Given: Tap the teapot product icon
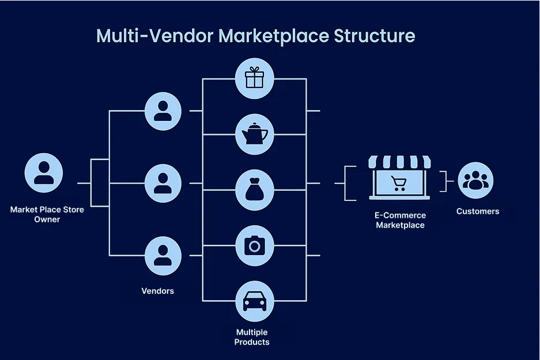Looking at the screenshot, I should (x=254, y=134).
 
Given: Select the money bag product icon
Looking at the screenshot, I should (x=254, y=190).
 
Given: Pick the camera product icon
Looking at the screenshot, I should (x=254, y=246).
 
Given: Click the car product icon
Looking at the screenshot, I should (x=254, y=301).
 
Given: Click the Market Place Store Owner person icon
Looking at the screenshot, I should (x=44, y=172).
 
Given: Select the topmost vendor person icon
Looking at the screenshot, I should (x=163, y=111).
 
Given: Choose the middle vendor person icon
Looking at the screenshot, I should (x=163, y=183).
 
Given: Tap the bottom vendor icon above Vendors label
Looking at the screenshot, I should (x=163, y=255).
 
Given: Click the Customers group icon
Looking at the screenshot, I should (x=475, y=180).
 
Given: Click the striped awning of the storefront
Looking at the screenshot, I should (x=399, y=161).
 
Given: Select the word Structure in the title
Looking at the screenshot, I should (x=374, y=36).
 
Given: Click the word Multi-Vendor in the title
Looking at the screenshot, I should (x=156, y=36).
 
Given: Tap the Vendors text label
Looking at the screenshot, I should (x=157, y=291).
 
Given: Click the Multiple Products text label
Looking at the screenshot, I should (x=252, y=337).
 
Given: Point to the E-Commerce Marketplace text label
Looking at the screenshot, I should (x=400, y=220).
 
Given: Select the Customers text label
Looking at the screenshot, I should (x=478, y=211).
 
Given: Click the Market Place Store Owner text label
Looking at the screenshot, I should (x=47, y=214).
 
